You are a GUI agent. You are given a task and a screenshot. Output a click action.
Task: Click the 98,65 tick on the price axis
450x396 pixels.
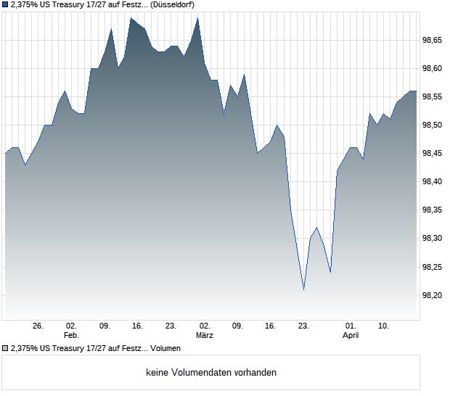[433, 41]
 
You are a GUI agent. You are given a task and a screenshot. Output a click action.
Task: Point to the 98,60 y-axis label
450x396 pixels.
[433, 69]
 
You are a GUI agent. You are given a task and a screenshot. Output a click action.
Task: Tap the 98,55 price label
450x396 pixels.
[433, 97]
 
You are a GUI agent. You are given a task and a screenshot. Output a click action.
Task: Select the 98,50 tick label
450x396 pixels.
[433, 125]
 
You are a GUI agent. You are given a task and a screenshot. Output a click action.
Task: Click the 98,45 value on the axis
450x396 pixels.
[433, 154]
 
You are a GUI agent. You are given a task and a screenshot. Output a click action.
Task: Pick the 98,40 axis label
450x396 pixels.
[433, 182]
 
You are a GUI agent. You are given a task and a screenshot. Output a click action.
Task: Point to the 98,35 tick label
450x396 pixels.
[433, 210]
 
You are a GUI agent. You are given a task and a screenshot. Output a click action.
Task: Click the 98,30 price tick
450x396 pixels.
[433, 239]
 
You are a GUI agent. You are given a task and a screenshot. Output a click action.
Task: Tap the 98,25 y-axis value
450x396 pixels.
[433, 267]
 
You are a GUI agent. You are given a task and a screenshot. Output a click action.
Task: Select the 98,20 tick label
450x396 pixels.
[433, 295]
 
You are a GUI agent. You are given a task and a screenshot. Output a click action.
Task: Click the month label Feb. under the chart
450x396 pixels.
[71, 336]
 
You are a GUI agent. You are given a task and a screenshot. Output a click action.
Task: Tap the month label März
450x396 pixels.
[205, 336]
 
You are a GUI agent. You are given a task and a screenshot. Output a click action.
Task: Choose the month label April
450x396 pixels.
[351, 336]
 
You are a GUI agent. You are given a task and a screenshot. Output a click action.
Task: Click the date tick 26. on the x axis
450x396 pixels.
[38, 326]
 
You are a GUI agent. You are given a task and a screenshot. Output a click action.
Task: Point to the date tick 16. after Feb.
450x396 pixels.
[138, 326]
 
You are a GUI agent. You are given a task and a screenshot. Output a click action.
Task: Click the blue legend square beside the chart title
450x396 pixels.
[6, 4]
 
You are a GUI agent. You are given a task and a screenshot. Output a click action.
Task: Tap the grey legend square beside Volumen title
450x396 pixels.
[6, 349]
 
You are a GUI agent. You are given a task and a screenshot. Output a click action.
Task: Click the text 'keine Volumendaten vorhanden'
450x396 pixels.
[211, 373]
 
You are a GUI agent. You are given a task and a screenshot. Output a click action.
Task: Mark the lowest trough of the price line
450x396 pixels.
[303, 289]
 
